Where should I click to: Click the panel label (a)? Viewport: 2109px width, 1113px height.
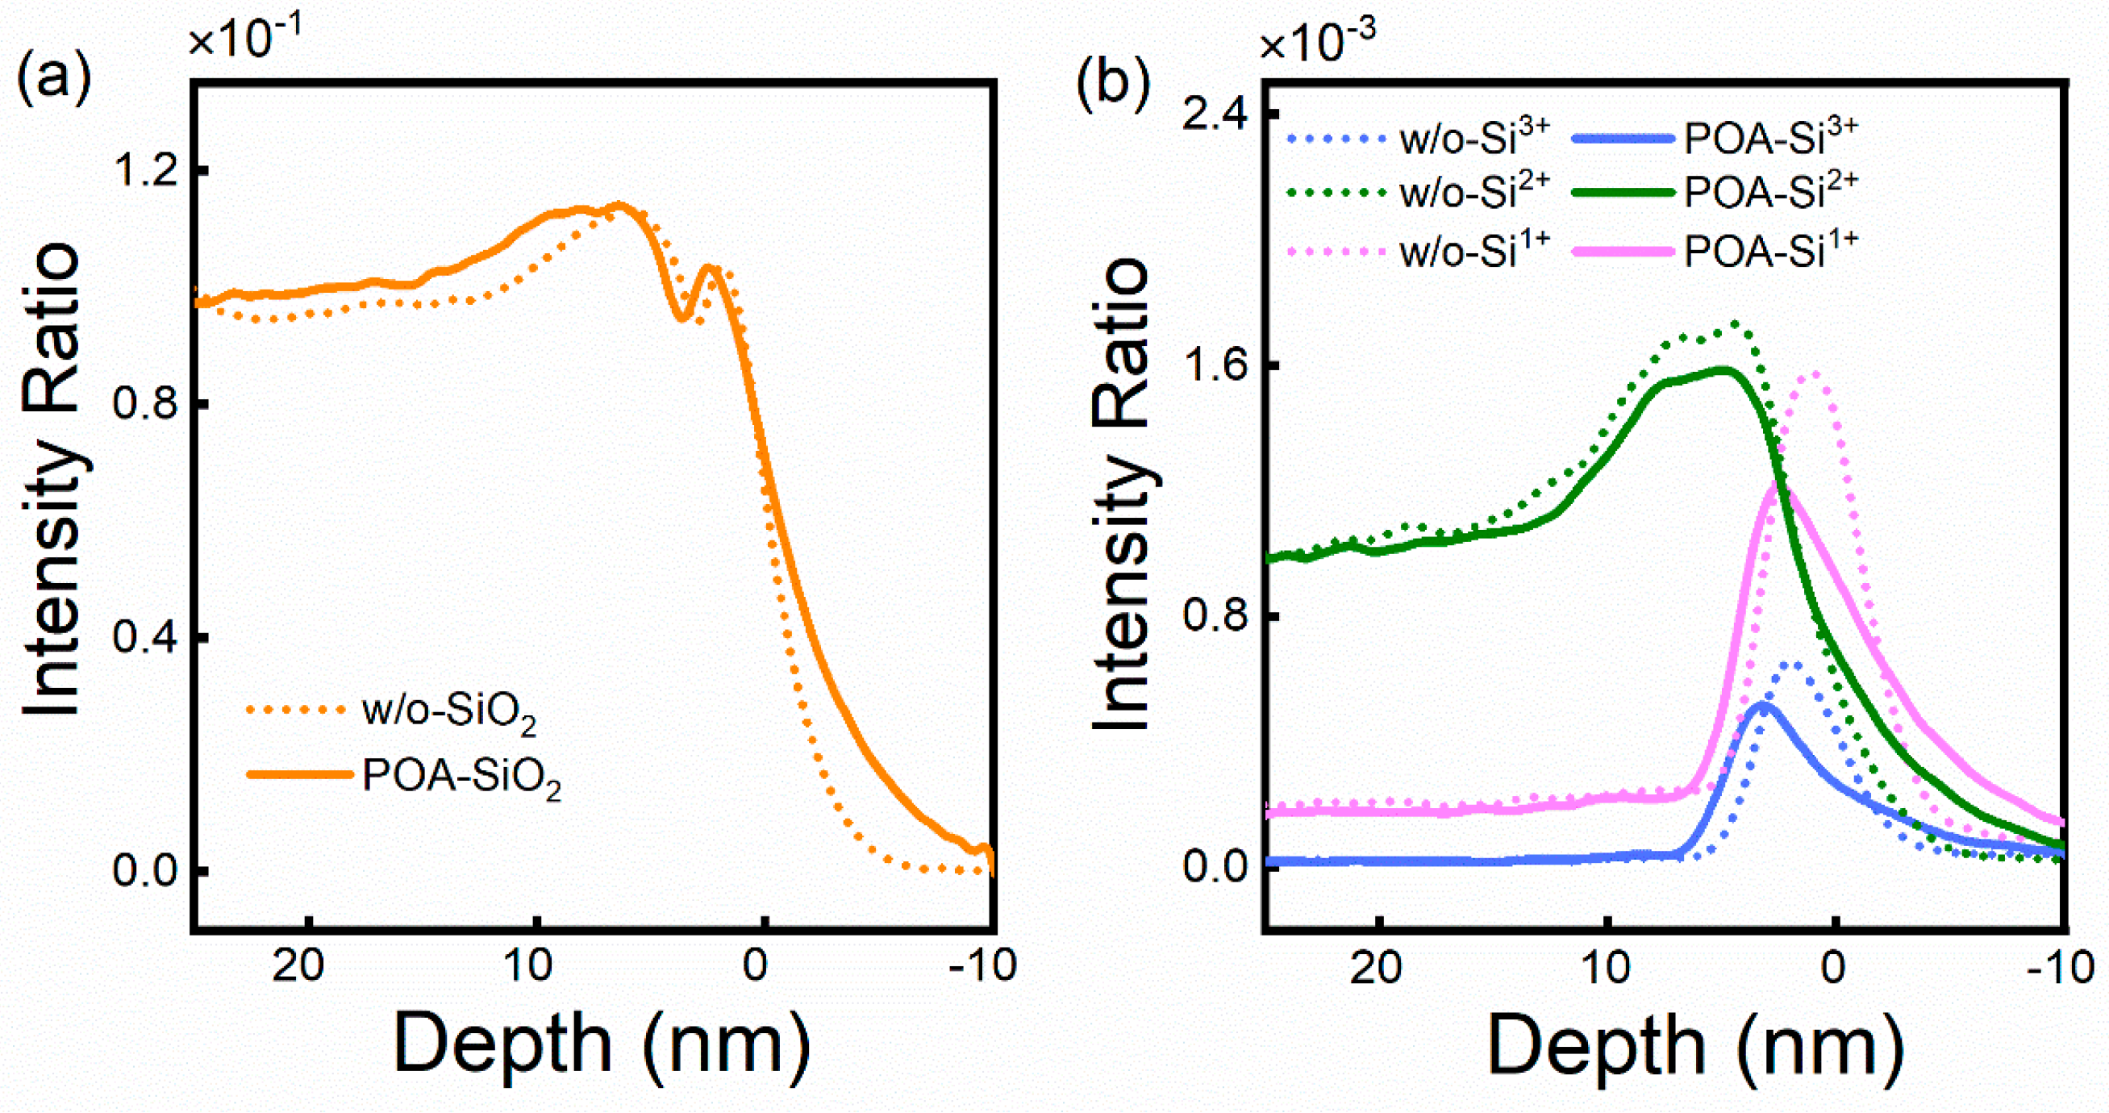point(53,82)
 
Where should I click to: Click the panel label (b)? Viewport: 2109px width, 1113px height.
point(1113,82)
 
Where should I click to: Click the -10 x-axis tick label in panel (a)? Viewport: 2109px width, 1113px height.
point(982,966)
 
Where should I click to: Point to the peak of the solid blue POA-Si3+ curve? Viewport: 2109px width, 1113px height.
point(1762,704)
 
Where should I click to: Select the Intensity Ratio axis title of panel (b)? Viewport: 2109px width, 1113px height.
point(1123,495)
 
